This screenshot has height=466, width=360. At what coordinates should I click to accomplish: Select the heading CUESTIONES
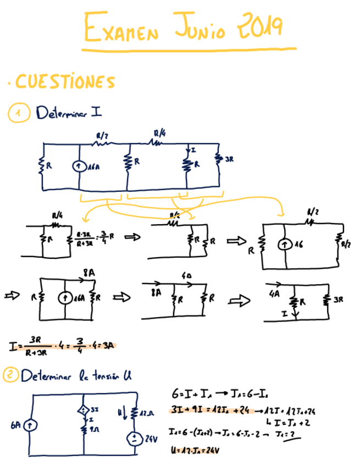[65, 82]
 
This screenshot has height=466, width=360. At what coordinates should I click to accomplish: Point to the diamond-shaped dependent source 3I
[84, 409]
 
